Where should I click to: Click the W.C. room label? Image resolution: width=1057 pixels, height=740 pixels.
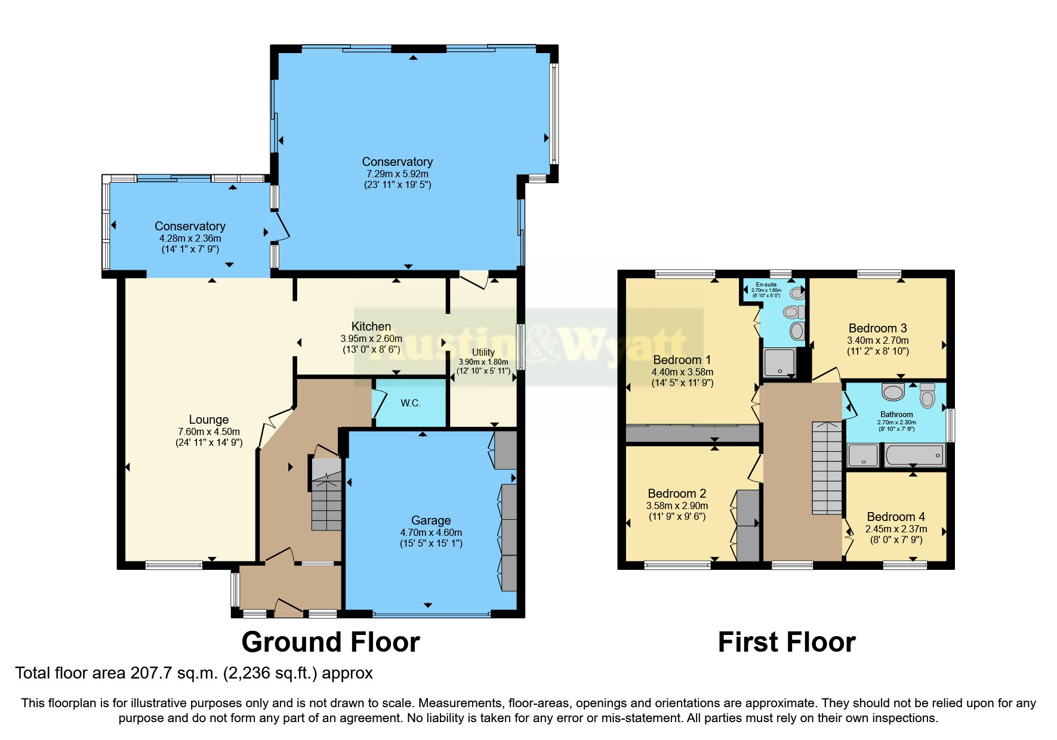[x=410, y=403]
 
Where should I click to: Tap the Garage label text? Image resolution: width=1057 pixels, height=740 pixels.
[x=430, y=520]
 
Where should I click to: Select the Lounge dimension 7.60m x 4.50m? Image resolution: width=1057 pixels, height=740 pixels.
[x=209, y=431]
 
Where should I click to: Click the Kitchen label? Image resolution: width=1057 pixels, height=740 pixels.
[x=371, y=326]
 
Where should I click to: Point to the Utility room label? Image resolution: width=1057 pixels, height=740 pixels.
[x=483, y=352]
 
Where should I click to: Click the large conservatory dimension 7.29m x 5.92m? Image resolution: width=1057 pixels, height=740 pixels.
[x=397, y=174]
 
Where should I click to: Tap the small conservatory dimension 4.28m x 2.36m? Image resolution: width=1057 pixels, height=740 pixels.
[x=190, y=238]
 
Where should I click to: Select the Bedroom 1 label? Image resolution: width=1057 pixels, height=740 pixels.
[x=682, y=360]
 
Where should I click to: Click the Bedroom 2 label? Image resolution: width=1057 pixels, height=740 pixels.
[x=677, y=494]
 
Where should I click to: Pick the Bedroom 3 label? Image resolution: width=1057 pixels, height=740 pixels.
[x=877, y=328]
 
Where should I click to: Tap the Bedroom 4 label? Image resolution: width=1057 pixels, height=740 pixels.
[x=895, y=517]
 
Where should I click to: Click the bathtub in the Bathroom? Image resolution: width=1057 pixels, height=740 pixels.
[x=914, y=456]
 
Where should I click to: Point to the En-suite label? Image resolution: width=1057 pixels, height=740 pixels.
[x=766, y=285]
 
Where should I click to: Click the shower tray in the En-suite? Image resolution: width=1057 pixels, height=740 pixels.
[x=779, y=362]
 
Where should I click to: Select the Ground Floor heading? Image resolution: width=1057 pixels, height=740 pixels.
[x=331, y=642]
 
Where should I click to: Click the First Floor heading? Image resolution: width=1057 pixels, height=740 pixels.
[x=786, y=642]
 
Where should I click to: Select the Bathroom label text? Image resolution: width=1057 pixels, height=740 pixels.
[x=896, y=414]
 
